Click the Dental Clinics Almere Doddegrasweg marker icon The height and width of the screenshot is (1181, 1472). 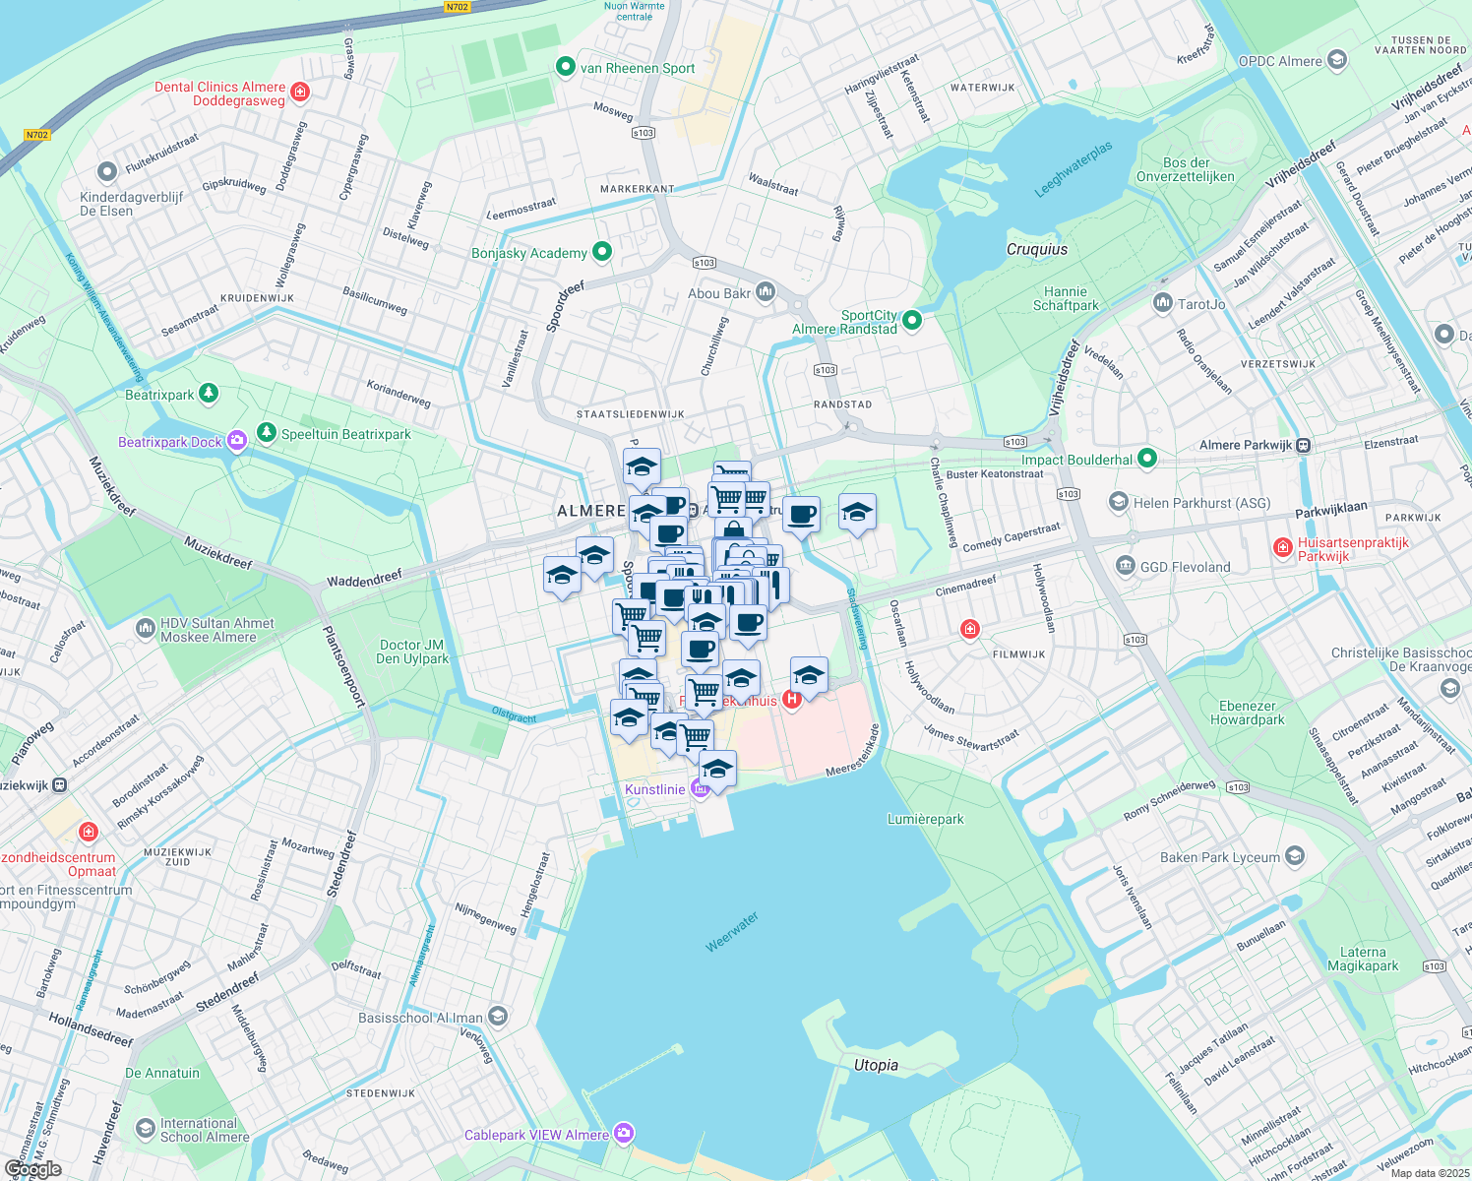301,93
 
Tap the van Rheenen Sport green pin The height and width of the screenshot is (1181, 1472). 566,67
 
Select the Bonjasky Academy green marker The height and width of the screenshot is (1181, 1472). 602,252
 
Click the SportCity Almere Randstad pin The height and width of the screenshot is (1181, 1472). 912,320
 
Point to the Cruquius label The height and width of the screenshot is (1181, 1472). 1037,249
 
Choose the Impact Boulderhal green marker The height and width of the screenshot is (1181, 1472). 1147,458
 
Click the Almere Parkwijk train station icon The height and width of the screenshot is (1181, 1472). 1304,445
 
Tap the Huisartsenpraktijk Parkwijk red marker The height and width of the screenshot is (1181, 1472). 1282,548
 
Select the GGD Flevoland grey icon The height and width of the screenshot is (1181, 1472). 1126,566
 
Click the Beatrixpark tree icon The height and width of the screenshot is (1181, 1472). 209,394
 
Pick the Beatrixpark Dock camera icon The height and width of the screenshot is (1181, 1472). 237,441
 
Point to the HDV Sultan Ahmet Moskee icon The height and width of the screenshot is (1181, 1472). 146,627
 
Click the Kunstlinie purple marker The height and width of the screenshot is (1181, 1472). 701,788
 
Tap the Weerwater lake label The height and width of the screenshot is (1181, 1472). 732,932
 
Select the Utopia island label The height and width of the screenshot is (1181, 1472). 876,1065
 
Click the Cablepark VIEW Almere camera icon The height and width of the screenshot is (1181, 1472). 624,1134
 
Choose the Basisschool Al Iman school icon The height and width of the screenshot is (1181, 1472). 498,1017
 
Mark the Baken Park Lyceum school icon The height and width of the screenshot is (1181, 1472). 1295,856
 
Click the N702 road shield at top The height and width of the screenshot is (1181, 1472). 457,7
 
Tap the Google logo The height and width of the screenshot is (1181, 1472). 33,1168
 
